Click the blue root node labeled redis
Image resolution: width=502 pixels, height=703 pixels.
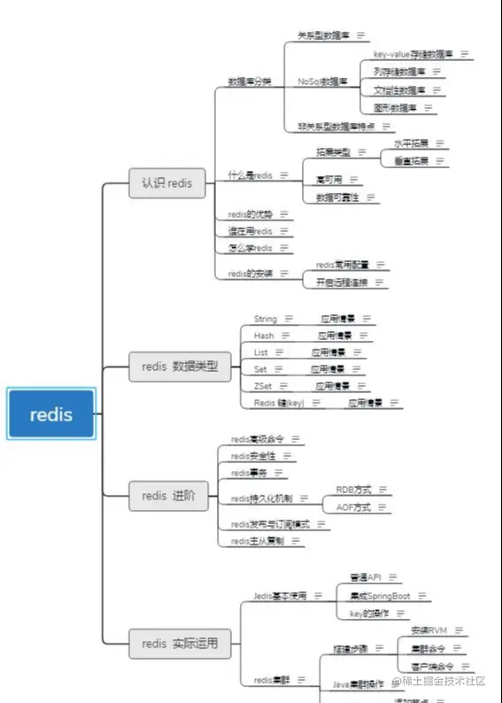click(x=50, y=413)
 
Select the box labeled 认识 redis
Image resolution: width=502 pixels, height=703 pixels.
click(x=167, y=183)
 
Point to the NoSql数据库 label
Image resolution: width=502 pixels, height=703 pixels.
click(x=322, y=81)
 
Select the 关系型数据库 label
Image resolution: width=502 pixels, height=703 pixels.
click(x=322, y=35)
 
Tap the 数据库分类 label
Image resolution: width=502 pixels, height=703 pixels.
click(x=250, y=81)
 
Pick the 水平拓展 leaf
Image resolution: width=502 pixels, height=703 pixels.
click(x=411, y=143)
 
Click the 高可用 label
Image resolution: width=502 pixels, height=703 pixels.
click(x=328, y=179)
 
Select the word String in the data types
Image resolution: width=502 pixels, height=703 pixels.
click(x=265, y=319)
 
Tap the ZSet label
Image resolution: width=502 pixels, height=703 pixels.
click(x=262, y=386)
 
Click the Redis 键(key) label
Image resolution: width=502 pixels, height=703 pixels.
click(x=279, y=403)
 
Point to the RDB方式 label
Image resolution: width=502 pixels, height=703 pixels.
click(x=353, y=489)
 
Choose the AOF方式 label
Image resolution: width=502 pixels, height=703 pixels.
click(x=353, y=507)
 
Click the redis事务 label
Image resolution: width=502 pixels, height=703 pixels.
click(x=248, y=473)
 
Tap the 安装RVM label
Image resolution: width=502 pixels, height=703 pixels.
click(x=429, y=630)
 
